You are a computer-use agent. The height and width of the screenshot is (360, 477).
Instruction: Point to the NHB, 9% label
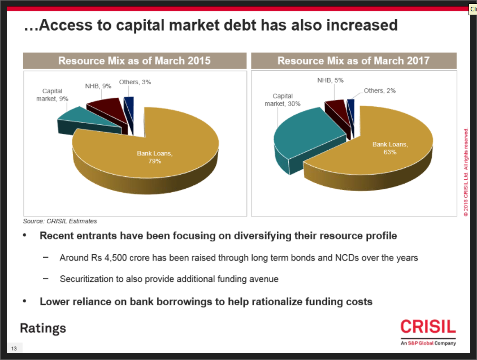pyautogui.click(x=98, y=86)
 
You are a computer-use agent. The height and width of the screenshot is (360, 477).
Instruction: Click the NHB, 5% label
pyautogui.click(x=331, y=80)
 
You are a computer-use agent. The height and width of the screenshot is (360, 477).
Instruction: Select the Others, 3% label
pyautogui.click(x=135, y=82)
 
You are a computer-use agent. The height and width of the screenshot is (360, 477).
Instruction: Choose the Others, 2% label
pyautogui.click(x=379, y=90)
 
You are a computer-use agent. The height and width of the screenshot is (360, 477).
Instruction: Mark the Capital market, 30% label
pyautogui.click(x=283, y=100)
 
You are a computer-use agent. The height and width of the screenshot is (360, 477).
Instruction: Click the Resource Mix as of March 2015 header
pyautogui.click(x=135, y=61)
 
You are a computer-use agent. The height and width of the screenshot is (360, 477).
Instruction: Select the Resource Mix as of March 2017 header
pyautogui.click(x=353, y=61)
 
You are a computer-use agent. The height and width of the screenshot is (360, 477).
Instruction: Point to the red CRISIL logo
pyautogui.click(x=428, y=328)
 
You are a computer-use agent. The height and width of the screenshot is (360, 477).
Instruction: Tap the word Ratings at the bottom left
pyautogui.click(x=43, y=328)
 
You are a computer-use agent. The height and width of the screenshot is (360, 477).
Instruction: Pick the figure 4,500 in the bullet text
pyautogui.click(x=120, y=258)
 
